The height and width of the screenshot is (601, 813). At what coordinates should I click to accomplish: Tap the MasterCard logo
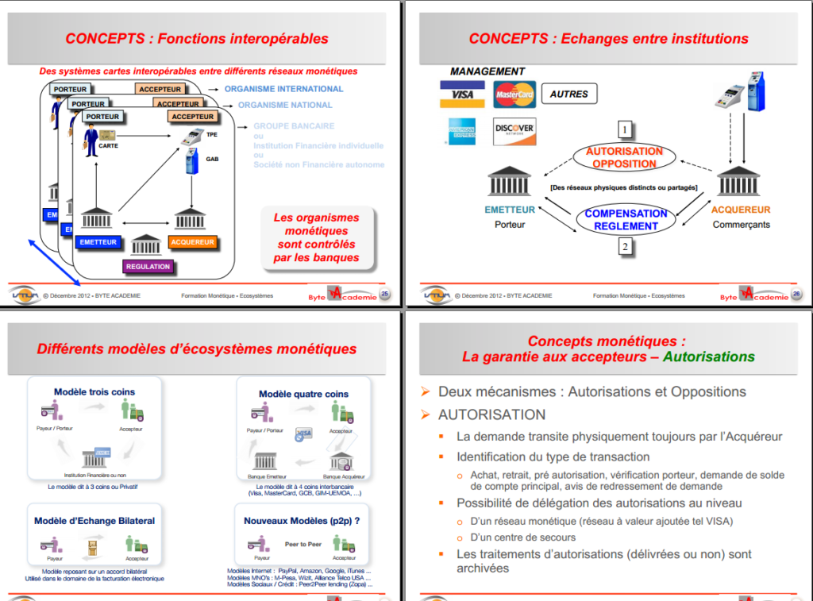pyautogui.click(x=514, y=94)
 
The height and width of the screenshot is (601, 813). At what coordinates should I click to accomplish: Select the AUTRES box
pyautogui.click(x=569, y=94)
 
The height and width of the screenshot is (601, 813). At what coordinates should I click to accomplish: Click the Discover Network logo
pyautogui.click(x=514, y=131)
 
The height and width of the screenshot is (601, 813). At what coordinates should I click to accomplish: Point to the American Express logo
pyautogui.click(x=461, y=131)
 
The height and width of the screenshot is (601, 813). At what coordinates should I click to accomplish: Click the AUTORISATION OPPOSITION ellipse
pyautogui.click(x=624, y=157)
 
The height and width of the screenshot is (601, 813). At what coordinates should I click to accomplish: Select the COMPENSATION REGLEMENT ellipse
pyautogui.click(x=626, y=219)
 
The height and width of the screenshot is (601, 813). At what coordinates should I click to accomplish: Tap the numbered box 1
pyautogui.click(x=625, y=129)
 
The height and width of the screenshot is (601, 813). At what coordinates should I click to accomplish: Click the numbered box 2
pyautogui.click(x=625, y=247)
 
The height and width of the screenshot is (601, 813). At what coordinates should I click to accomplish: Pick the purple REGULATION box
pyautogui.click(x=148, y=266)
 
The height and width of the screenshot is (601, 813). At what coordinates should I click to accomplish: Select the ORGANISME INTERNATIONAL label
pyautogui.click(x=283, y=89)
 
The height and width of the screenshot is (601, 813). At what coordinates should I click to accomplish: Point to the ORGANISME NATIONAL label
pyautogui.click(x=285, y=105)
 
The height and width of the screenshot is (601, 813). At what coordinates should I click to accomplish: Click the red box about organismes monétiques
pyautogui.click(x=315, y=237)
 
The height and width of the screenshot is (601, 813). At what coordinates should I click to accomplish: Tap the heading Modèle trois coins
pyautogui.click(x=94, y=392)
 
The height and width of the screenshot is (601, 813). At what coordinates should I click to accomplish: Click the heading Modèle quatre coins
pyautogui.click(x=303, y=394)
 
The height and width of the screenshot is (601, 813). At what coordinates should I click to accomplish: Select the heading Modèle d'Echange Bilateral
pyautogui.click(x=94, y=521)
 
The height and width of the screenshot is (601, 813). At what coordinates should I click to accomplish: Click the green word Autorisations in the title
pyautogui.click(x=708, y=356)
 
